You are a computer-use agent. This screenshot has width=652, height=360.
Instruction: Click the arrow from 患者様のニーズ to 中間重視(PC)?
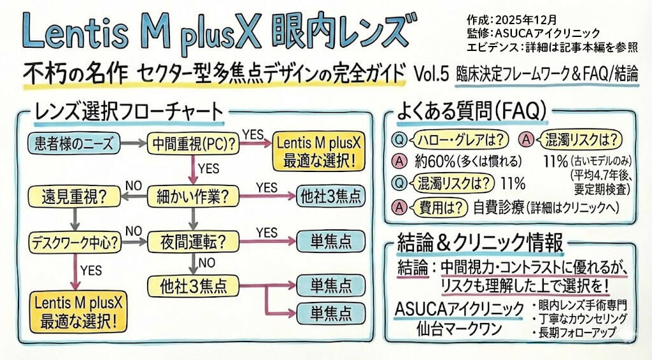click(134, 144)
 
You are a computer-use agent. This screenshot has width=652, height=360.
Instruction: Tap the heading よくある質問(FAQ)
click(471, 112)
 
